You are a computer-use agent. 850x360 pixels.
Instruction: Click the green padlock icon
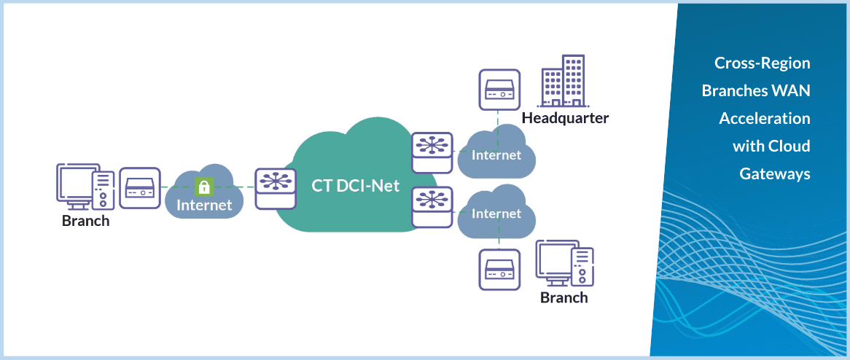click(x=204, y=187)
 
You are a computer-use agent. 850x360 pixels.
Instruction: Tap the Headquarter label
click(x=565, y=118)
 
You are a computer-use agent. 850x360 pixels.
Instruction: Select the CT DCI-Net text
click(x=356, y=185)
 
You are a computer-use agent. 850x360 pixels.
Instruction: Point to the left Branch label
click(x=85, y=221)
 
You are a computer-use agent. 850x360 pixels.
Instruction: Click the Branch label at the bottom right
click(x=564, y=297)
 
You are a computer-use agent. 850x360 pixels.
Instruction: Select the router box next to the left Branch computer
click(x=139, y=189)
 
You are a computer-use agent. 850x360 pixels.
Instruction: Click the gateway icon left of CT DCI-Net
click(x=276, y=188)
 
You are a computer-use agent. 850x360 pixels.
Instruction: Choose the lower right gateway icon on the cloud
click(x=432, y=206)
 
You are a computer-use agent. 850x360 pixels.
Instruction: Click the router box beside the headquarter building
click(x=499, y=89)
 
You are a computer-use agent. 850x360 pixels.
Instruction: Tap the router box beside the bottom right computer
click(x=499, y=270)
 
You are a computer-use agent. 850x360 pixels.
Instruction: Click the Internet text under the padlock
click(x=204, y=205)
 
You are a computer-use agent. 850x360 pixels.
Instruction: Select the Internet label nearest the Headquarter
click(x=496, y=154)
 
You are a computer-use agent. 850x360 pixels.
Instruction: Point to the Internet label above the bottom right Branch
click(x=496, y=214)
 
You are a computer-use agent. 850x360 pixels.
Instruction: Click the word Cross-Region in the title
click(x=762, y=63)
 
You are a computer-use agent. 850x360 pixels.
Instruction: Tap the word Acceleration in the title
click(x=764, y=118)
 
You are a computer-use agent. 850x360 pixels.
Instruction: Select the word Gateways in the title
click(x=774, y=174)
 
